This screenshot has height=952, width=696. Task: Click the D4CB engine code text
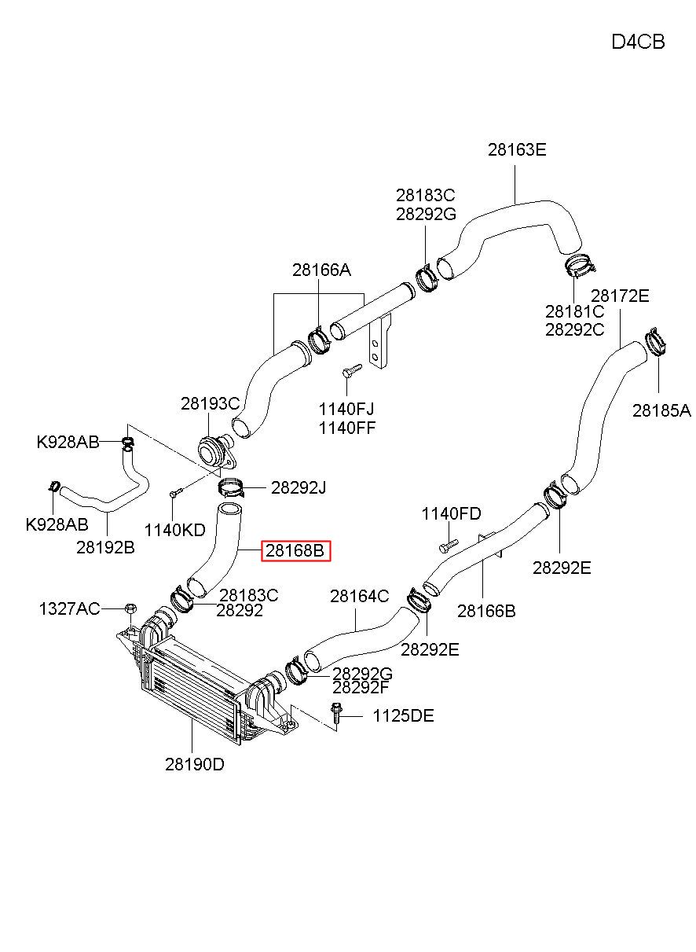point(638,42)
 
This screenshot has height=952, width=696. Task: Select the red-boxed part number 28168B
point(295,551)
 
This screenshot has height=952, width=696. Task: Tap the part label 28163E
point(517,149)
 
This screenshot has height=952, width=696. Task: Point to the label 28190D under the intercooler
point(195,765)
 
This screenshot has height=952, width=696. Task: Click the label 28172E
point(620,296)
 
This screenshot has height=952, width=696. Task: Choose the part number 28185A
point(661,411)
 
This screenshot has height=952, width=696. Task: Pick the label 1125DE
point(403,716)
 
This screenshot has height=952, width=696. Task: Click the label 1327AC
point(69,609)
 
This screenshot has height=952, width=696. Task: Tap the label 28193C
point(211,404)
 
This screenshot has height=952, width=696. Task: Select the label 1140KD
point(175,530)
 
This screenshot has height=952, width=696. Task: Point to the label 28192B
point(105,548)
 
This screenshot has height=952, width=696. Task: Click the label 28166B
point(486,611)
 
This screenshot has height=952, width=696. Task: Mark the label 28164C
point(359,596)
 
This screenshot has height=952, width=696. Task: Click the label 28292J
point(299,488)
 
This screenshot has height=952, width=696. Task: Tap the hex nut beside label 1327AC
point(130,608)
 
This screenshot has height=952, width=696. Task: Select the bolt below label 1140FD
point(449,546)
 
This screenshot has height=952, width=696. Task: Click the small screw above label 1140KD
point(175,493)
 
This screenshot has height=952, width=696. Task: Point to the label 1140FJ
point(346,410)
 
